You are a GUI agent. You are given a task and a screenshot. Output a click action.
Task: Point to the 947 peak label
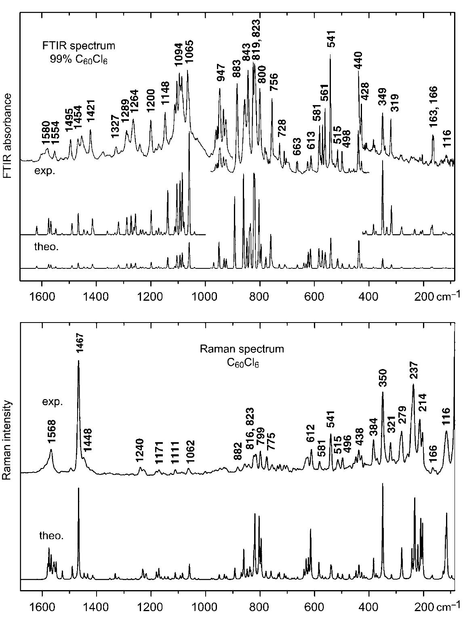221,73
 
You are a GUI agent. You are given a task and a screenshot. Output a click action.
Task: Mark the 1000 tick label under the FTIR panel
206,291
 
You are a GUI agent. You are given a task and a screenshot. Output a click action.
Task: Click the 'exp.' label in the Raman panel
53,402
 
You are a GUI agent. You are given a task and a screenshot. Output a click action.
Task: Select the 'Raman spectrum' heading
242,349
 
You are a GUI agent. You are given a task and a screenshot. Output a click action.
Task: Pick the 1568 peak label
51,433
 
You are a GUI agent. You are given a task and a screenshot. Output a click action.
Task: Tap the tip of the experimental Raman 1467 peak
78,361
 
